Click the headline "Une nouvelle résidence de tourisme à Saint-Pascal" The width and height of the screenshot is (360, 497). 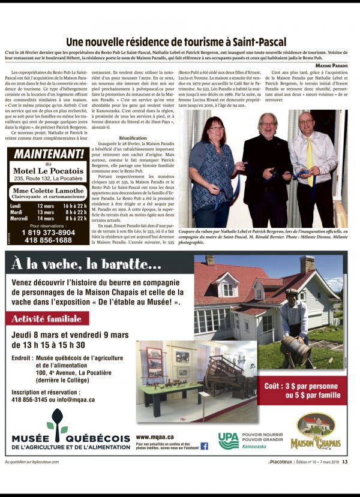[176, 42]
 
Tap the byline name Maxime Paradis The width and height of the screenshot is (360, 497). [331, 65]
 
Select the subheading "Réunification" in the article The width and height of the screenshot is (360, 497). [133, 137]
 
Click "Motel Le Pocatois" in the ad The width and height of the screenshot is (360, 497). [49, 170]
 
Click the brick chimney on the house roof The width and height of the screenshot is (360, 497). [307, 264]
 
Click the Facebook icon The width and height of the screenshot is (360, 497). [204, 445]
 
